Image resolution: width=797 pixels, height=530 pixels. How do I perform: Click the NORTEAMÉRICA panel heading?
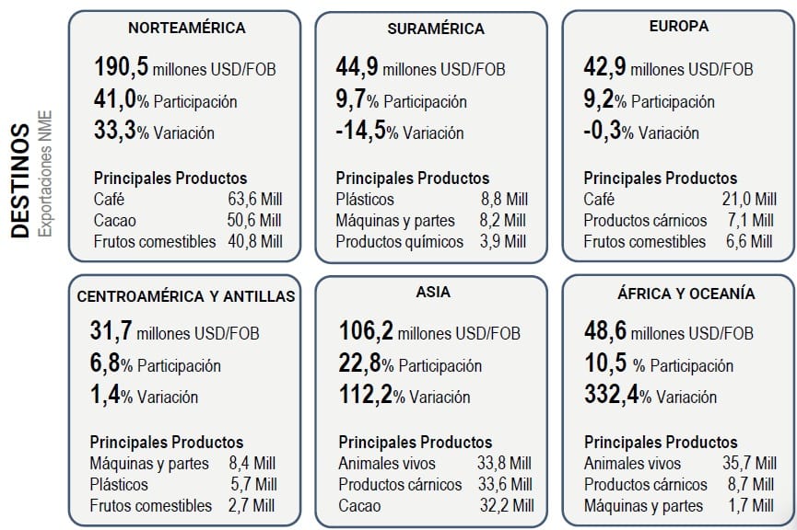pyautogui.click(x=186, y=28)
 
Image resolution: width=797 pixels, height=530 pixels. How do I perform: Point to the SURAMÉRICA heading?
pyautogui.click(x=437, y=29)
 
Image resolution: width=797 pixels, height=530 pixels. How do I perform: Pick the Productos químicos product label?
pyautogui.click(x=399, y=241)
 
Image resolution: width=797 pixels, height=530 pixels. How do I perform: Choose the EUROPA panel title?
pyautogui.click(x=678, y=27)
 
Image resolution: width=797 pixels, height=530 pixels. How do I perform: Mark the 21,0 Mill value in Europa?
pyautogui.click(x=747, y=199)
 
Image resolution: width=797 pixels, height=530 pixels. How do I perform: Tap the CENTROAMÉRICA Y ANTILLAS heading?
pyautogui.click(x=186, y=296)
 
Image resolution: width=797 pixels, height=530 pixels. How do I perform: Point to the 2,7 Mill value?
pyautogui.click(x=252, y=505)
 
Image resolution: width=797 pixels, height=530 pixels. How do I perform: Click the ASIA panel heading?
pyautogui.click(x=433, y=294)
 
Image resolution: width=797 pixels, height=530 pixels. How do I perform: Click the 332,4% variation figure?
pyautogui.click(x=612, y=397)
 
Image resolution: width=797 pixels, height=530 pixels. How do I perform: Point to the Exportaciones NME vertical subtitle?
pyautogui.click(x=45, y=175)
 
